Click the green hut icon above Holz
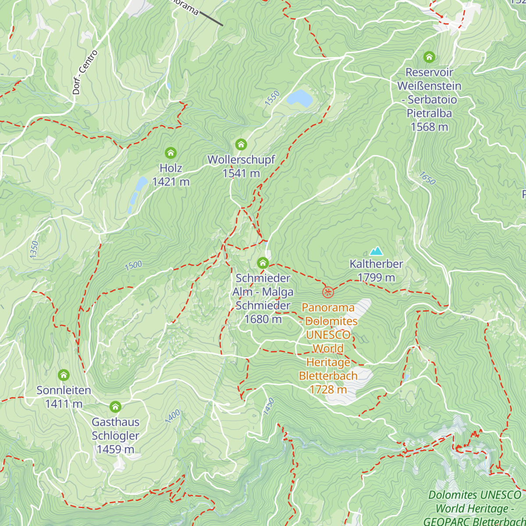[171, 153]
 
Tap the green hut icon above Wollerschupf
[241, 144]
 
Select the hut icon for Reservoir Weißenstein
[429, 57]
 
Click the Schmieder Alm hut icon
[263, 263]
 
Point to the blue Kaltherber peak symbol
[376, 251]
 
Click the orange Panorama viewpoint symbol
[328, 292]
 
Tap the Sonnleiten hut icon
[64, 375]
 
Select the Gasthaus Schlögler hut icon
[115, 407]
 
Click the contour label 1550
[272, 98]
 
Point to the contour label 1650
[427, 178]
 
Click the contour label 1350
[34, 249]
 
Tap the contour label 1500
[133, 266]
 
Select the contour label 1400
[173, 416]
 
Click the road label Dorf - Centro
[85, 73]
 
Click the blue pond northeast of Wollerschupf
[300, 98]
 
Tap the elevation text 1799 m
[376, 277]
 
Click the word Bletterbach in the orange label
[328, 376]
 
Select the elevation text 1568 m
[429, 127]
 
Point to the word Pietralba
[429, 113]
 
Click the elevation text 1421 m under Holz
[171, 181]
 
